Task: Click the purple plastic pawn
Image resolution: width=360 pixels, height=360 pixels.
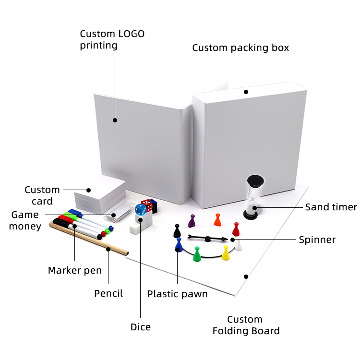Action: click(x=192, y=221)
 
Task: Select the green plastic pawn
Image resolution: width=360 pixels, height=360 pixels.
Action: click(x=196, y=254)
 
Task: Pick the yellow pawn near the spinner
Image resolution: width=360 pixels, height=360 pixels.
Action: click(x=226, y=253)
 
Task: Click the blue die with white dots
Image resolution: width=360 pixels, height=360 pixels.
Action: click(x=140, y=210)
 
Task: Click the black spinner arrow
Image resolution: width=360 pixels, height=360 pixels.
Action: click(x=206, y=238)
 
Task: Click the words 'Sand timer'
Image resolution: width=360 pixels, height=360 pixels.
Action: click(x=331, y=207)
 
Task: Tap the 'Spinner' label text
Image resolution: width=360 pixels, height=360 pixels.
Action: click(x=317, y=240)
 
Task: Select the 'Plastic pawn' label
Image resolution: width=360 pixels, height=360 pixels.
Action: click(x=177, y=294)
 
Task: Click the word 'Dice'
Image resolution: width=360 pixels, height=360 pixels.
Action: click(x=140, y=327)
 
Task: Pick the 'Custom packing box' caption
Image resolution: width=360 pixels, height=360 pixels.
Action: click(x=240, y=48)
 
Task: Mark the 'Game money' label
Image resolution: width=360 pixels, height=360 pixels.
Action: click(x=25, y=220)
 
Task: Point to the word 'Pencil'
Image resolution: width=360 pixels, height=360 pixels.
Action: click(x=108, y=293)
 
